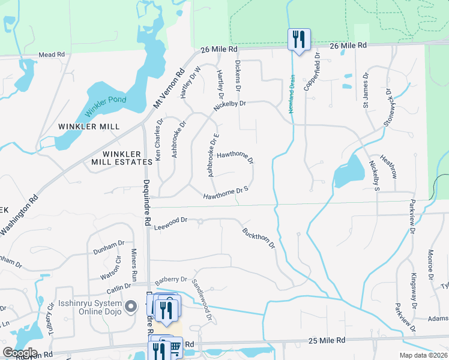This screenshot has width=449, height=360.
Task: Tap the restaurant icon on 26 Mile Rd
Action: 298,40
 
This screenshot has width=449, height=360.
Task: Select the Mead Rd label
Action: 52,55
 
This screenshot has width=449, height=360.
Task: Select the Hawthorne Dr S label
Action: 226,193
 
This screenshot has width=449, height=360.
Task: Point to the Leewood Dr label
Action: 171,224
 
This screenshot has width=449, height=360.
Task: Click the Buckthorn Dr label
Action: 259,238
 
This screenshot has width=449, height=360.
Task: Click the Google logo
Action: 20,353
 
